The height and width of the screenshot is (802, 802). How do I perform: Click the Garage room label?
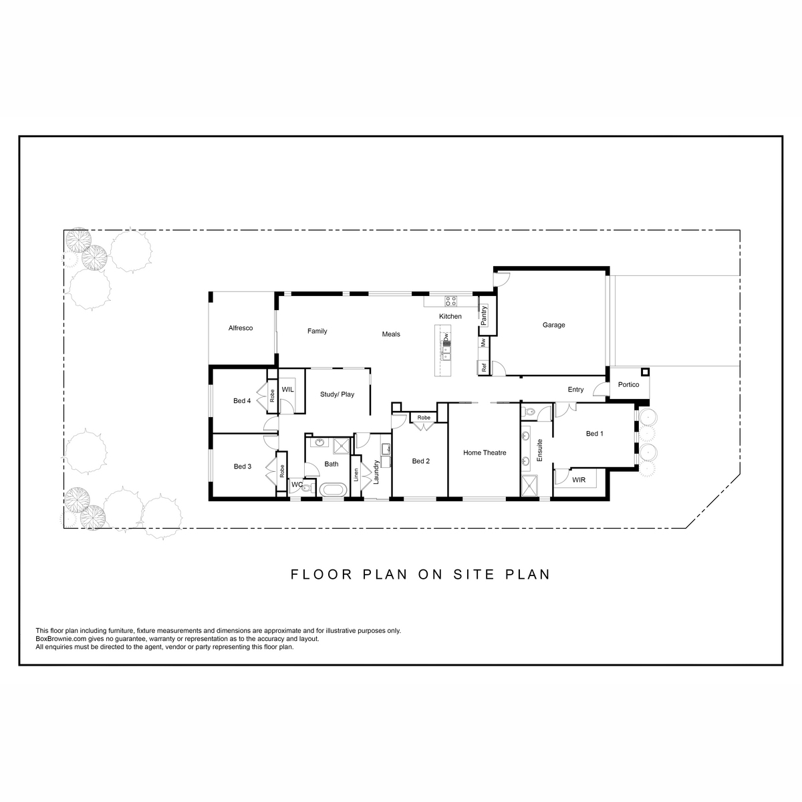[553, 325]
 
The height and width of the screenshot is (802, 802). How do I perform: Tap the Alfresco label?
[241, 328]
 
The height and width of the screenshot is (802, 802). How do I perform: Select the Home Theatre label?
[485, 453]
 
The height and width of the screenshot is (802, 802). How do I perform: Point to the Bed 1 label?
[594, 434]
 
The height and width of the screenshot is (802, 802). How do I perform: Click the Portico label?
[628, 384]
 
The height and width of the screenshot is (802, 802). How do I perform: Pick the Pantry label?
[483, 315]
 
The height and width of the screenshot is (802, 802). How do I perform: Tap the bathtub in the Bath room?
[332, 490]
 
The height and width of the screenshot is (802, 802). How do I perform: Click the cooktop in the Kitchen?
[450, 301]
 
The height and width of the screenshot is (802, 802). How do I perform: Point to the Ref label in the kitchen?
[484, 368]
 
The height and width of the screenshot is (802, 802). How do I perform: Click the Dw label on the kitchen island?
[446, 337]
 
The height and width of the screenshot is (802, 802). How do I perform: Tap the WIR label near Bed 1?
[579, 480]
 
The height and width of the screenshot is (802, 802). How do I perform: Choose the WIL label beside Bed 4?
[287, 390]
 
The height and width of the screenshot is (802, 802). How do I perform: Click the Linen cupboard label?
[356, 475]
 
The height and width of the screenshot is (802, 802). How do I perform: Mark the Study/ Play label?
[337, 394]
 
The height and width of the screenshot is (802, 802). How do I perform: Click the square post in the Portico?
[645, 372]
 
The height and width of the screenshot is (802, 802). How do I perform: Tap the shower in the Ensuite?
[530, 485]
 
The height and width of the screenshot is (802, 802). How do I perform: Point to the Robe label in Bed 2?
[424, 418]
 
